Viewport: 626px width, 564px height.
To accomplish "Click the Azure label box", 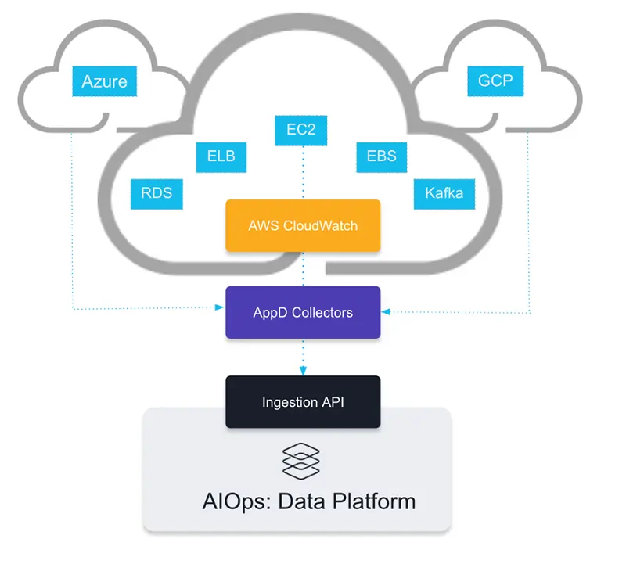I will (x=104, y=81).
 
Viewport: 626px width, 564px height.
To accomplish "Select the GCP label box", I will (x=495, y=81).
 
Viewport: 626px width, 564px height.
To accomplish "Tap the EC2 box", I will (x=300, y=129).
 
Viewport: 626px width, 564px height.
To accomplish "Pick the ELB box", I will (x=221, y=156).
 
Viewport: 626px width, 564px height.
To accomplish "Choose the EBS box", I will (x=381, y=156).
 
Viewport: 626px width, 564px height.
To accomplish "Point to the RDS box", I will (x=156, y=192).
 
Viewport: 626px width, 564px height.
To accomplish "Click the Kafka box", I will (x=444, y=192).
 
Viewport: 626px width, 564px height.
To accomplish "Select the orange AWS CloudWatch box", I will (x=303, y=225).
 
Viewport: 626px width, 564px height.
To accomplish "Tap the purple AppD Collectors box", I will (x=303, y=312).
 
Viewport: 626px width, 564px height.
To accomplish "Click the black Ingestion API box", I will (x=303, y=402).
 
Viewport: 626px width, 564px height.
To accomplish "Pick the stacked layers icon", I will (x=301, y=461).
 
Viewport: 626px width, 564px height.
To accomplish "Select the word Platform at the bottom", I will (x=372, y=501).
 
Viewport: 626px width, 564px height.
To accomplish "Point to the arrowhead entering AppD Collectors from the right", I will (x=386, y=312).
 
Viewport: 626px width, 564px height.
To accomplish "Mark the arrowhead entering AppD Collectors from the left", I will (x=221, y=309).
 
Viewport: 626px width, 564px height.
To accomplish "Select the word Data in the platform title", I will (x=303, y=501).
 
